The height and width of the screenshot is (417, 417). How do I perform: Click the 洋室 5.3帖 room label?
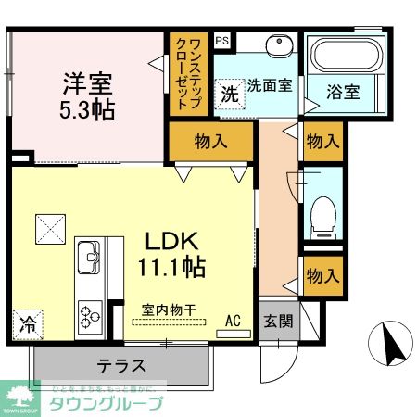coord(88,95)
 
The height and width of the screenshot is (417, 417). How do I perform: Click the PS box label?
coord(221,40)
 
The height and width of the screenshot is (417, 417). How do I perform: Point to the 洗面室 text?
coord(269,86)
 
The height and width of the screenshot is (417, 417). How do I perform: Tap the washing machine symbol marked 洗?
coord(228,93)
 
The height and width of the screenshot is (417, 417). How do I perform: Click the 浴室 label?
coord(343,92)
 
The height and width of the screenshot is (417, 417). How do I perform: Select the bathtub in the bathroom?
coord(343,57)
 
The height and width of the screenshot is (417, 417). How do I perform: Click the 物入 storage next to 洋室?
coord(210,141)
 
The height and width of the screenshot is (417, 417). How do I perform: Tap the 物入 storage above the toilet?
coord(322,142)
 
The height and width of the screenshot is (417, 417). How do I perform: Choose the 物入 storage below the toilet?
coord(322,275)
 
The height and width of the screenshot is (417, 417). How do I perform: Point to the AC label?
coord(233,321)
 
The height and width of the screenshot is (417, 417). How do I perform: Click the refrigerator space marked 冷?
coord(29,325)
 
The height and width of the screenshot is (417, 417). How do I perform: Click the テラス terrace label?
coord(120,365)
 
